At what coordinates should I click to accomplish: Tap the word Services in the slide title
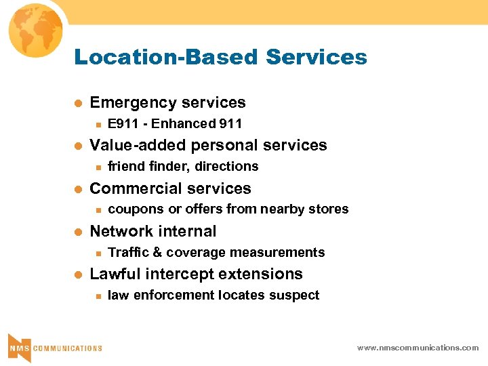317,57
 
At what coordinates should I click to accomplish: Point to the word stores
329,209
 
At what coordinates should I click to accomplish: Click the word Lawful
111,274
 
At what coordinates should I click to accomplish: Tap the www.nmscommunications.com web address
418,348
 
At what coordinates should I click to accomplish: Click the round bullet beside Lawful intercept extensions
77,274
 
